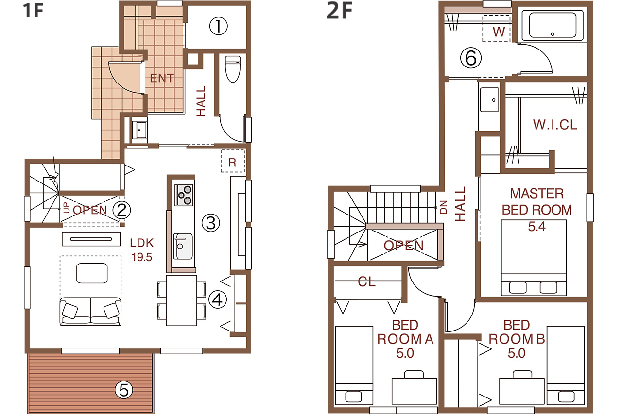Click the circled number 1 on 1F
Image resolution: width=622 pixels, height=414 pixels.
pyautogui.click(x=219, y=26)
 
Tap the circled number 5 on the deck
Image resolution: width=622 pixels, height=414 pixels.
pyautogui.click(x=124, y=390)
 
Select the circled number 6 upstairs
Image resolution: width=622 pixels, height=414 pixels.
pyautogui.click(x=471, y=58)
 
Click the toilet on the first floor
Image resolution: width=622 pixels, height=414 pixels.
pyautogui.click(x=233, y=69)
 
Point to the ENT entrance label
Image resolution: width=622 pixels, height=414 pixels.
pyautogui.click(x=162, y=78)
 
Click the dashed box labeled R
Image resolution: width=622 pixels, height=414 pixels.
pyautogui.click(x=233, y=161)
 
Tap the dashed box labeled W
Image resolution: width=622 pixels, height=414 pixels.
pyautogui.click(x=497, y=29)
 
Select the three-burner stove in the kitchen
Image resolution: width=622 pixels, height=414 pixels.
pyautogui.click(x=184, y=195)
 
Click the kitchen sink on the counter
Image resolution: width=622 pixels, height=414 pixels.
pyautogui.click(x=183, y=246)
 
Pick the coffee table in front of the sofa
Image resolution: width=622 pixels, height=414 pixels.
pyautogui.click(x=92, y=273)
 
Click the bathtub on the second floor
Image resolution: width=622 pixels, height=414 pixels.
pyautogui.click(x=553, y=25)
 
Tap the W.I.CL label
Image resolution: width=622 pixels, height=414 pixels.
pyautogui.click(x=555, y=125)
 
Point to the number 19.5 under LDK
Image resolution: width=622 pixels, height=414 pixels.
pyautogui.click(x=141, y=257)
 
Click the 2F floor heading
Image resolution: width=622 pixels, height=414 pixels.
pyautogui.click(x=340, y=11)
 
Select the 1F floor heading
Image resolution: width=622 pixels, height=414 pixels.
pyautogui.click(x=33, y=11)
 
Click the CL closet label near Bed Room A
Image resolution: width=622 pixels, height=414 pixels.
pyautogui.click(x=366, y=282)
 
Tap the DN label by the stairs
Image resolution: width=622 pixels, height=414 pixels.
pyautogui.click(x=444, y=207)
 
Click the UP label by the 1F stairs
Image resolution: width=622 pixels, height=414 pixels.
pyautogui.click(x=67, y=208)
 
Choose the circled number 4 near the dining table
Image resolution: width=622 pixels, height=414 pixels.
pyautogui.click(x=218, y=299)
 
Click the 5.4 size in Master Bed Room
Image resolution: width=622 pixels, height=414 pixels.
pyautogui.click(x=536, y=227)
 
